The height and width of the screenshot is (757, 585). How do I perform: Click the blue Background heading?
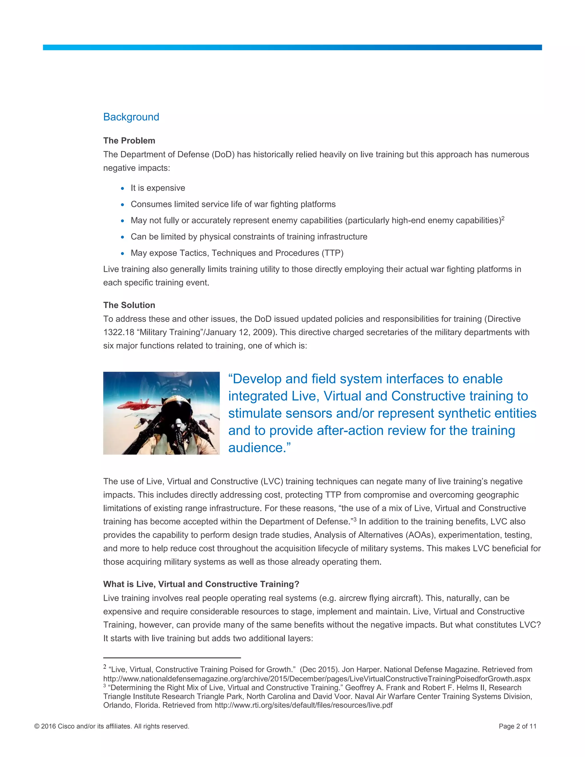pos(131,117)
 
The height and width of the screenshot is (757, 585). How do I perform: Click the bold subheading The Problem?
pos(129,141)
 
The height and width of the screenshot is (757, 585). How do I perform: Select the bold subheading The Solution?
pos(129,305)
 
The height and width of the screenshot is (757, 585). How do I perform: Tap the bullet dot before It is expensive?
pos(122,188)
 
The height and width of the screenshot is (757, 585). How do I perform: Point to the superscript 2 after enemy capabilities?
pos(503,218)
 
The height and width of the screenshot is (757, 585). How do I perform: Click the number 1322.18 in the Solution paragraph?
pos(119,333)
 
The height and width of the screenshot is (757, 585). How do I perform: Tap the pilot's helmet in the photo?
pos(178,409)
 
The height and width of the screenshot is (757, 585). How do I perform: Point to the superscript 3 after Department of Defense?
pos(355,520)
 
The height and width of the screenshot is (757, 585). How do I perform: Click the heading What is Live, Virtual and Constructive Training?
pos(201,584)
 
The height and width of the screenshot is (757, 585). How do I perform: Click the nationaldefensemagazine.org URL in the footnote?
pos(316,679)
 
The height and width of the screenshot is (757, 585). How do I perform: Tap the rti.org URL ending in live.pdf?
pos(303,706)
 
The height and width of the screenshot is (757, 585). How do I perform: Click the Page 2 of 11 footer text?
pos(517,726)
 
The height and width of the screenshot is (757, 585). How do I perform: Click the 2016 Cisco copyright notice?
pos(112,726)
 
